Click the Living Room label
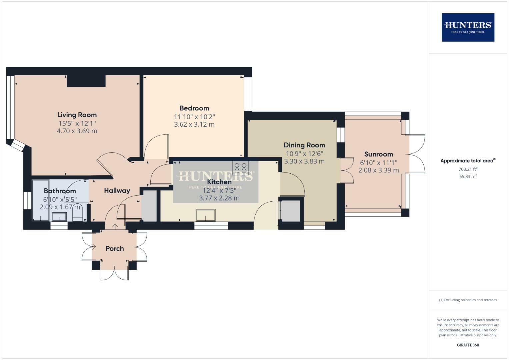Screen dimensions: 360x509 click(x=77, y=115)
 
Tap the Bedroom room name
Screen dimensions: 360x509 click(x=194, y=108)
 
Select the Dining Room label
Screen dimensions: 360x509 click(x=304, y=145)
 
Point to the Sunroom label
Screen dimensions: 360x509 click(x=379, y=154)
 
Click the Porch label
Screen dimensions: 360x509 click(x=115, y=249)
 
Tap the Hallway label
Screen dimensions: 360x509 click(x=117, y=191)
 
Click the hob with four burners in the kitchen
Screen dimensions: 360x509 click(x=240, y=167)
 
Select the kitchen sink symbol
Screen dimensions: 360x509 click(x=206, y=215)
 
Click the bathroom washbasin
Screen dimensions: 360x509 click(x=59, y=217)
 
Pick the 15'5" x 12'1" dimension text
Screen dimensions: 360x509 click(x=77, y=123)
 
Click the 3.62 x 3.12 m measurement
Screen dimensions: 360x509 click(x=194, y=125)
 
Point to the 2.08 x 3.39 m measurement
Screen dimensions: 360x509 click(x=379, y=170)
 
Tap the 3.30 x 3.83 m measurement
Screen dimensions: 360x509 click(x=304, y=161)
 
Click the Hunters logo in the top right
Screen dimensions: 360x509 click(x=468, y=27)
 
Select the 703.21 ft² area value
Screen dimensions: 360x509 click(x=468, y=169)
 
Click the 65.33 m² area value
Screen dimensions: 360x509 click(x=468, y=177)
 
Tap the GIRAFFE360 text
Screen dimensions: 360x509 click(x=468, y=345)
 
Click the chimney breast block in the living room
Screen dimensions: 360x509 click(x=86, y=81)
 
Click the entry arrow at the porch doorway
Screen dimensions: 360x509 click(x=115, y=227)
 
